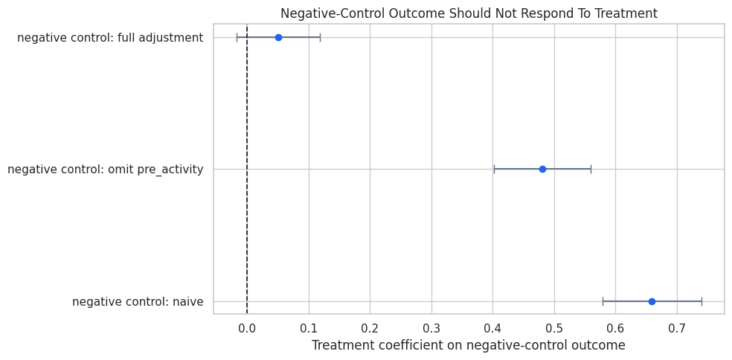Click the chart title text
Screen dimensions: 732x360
tap(469, 13)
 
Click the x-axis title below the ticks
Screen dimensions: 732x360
tap(468, 345)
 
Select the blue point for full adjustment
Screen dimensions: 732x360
tap(278, 37)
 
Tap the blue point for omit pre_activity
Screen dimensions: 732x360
tap(542, 169)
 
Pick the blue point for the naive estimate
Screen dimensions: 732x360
tap(652, 301)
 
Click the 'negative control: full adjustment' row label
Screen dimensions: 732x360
tap(110, 38)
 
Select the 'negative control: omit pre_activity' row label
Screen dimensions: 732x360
tap(106, 170)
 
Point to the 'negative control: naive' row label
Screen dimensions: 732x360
tap(138, 302)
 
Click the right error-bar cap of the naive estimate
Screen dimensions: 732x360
tap(701, 301)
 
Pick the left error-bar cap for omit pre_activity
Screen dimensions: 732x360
tap(494, 169)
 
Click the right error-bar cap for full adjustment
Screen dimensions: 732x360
tap(320, 37)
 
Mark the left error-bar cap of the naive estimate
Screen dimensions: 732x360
tap(603, 301)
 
